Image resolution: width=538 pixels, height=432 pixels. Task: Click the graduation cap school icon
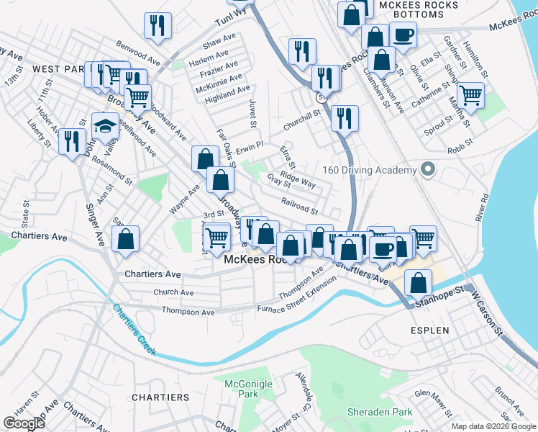tap(105, 125)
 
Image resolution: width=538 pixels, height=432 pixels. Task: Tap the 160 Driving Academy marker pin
tap(428, 170)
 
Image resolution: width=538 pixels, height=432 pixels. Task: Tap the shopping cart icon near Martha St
tap(470, 94)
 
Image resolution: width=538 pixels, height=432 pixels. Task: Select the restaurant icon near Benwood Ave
tap(156, 25)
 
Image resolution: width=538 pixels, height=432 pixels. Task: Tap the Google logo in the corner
tap(23, 423)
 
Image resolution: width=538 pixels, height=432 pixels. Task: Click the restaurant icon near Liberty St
tap(71, 140)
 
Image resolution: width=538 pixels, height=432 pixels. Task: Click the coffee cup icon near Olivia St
tap(402, 34)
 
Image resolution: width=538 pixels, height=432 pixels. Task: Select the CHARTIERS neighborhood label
tap(165, 397)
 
